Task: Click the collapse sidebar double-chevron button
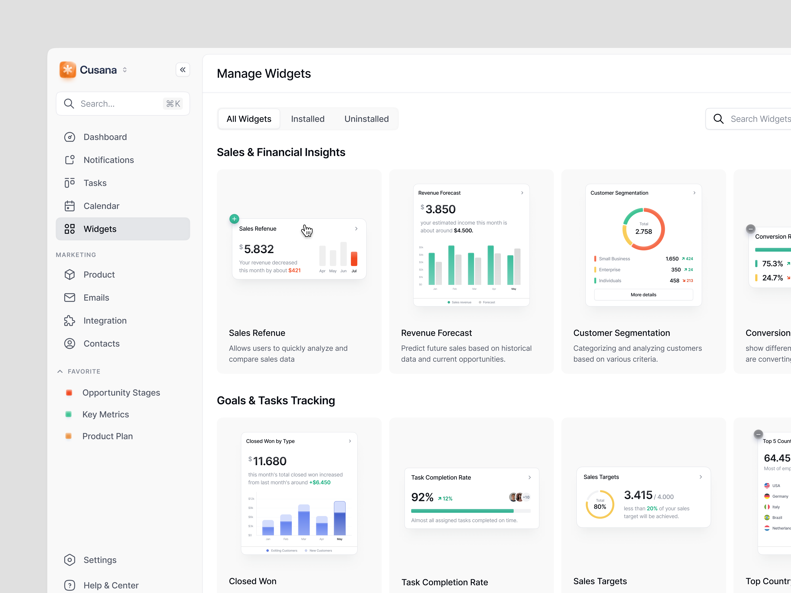[x=183, y=70]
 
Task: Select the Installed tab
[x=308, y=119]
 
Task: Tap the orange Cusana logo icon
[x=68, y=70]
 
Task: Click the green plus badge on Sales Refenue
[x=234, y=219]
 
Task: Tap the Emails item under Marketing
[x=96, y=298]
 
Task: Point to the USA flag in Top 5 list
[x=767, y=485]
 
